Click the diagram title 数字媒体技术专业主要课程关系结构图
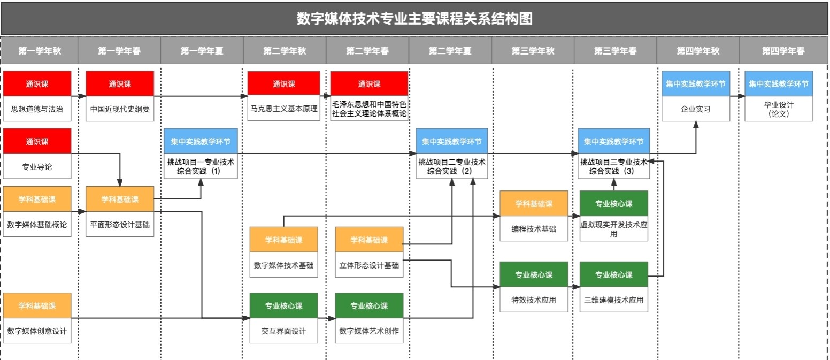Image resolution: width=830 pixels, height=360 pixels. coord(414,19)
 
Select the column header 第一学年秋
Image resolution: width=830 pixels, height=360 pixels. coord(40,51)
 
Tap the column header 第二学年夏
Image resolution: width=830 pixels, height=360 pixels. coord(450,51)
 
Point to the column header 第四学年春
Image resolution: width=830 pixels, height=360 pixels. coord(783,51)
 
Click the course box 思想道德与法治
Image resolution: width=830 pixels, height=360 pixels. coord(37,109)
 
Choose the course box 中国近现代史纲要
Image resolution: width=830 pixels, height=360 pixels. coord(120,109)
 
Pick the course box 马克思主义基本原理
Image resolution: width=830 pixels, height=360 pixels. coord(283,109)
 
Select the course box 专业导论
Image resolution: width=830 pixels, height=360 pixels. coord(37,167)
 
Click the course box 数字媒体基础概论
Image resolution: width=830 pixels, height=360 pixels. coord(37,225)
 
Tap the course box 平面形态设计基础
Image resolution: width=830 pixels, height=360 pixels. coord(120,225)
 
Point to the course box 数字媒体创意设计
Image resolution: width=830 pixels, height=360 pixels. coord(37,331)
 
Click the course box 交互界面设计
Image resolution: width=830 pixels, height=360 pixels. coord(283,331)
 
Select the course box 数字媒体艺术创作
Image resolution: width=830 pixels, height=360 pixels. coord(369,331)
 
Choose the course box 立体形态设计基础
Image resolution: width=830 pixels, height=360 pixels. coord(369,265)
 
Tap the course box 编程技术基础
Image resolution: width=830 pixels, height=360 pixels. coord(534,229)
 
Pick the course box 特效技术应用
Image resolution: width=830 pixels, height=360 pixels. coord(534,300)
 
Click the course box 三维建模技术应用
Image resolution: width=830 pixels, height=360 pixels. coord(614,300)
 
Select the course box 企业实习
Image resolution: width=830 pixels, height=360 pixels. coord(696,109)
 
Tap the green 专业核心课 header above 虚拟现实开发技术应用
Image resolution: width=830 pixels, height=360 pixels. coord(614,203)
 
